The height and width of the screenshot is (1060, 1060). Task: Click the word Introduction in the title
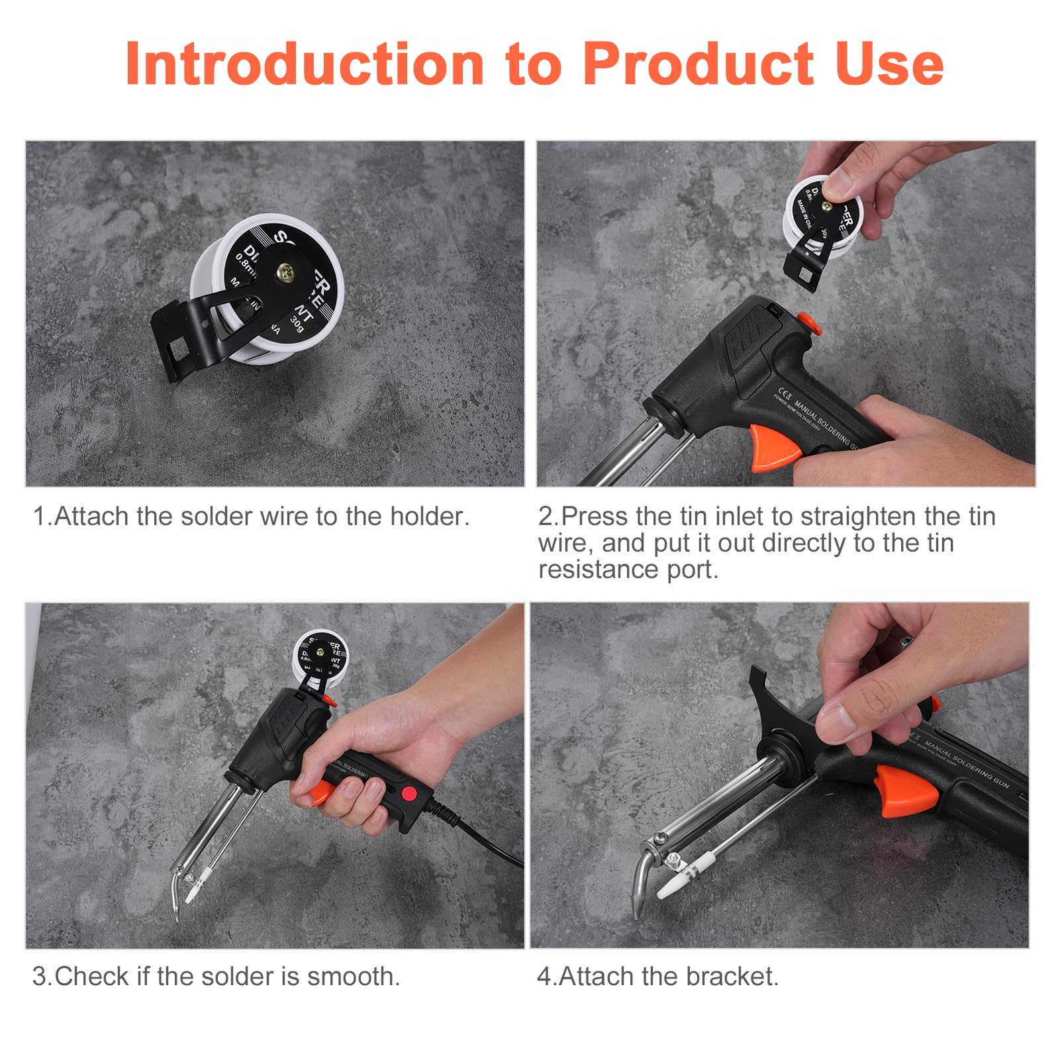305,64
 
